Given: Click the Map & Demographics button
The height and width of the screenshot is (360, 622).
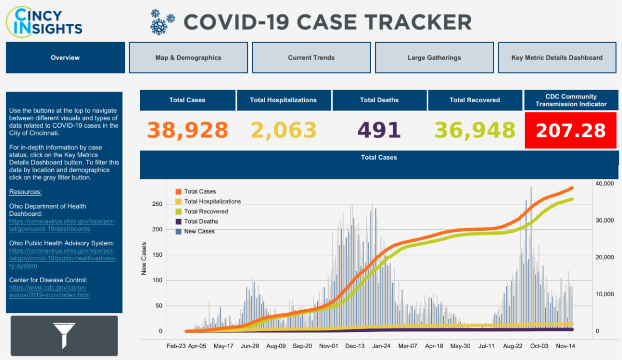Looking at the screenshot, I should (x=188, y=58).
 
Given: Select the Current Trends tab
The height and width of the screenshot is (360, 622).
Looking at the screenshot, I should (x=311, y=58).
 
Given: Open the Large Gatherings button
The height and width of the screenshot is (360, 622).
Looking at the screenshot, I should (x=434, y=58).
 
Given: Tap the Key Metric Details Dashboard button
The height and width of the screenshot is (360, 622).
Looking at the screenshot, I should (x=557, y=58).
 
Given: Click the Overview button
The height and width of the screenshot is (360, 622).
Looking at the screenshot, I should (x=65, y=58).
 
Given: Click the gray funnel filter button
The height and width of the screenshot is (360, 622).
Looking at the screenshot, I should (x=64, y=335).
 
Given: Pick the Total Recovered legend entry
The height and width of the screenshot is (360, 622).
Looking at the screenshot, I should (x=206, y=212).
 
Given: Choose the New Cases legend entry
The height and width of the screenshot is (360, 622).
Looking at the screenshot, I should (x=199, y=231).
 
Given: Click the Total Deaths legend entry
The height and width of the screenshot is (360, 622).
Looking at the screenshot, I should (x=201, y=221).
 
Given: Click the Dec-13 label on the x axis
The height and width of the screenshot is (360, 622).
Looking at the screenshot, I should (x=355, y=345).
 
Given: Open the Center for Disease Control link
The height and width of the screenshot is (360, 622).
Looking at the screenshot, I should (x=49, y=292).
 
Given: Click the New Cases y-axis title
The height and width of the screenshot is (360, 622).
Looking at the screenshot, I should (x=144, y=258).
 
